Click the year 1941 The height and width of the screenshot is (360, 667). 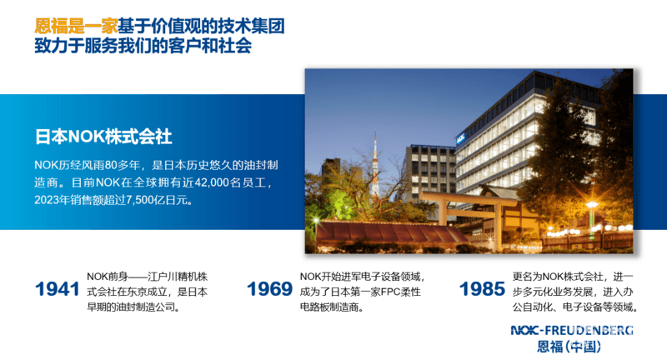pos(57,289)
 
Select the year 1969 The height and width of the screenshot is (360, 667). pos(269,289)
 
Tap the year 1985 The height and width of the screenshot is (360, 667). pos(482,289)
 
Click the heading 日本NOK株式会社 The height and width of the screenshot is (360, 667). pos(103,137)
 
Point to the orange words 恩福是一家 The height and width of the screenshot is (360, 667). pos(76,27)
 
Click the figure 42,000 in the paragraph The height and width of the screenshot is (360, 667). pos(212,182)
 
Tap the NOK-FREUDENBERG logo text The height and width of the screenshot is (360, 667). pos(572,330)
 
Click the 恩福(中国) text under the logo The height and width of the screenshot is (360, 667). pos(569,347)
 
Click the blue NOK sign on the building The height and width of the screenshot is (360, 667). pos(461,138)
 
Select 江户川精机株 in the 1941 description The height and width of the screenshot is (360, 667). pos(178,277)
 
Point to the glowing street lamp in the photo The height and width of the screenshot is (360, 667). pos(591,206)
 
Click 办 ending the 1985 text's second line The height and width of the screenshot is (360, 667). pos(629,292)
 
